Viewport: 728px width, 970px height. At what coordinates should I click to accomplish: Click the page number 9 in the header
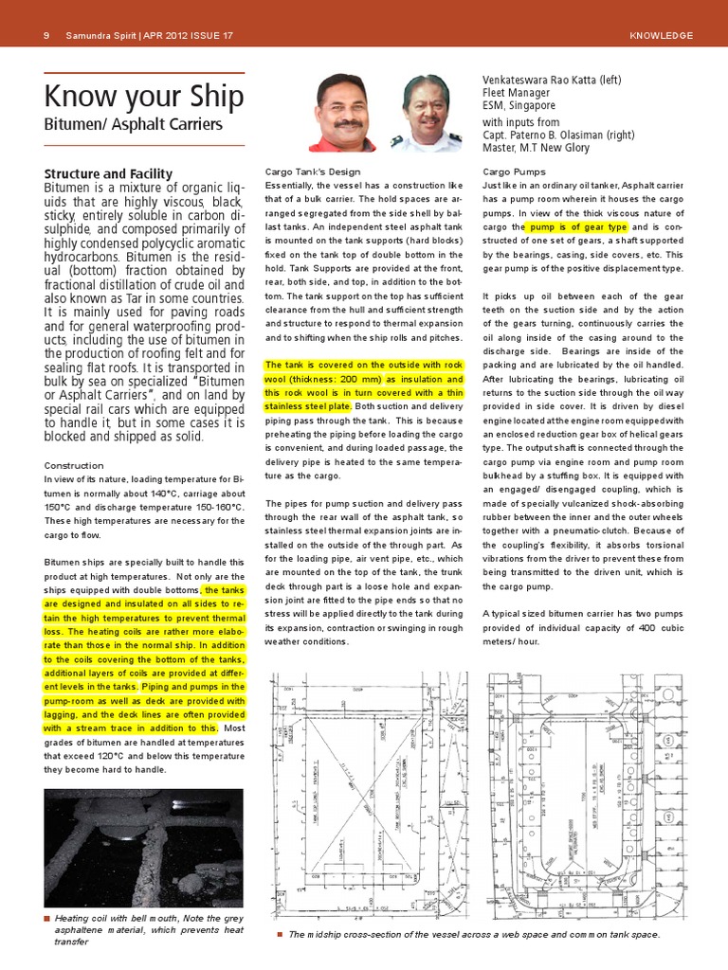[x=46, y=36]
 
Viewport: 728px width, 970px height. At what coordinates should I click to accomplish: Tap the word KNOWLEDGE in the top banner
[x=661, y=36]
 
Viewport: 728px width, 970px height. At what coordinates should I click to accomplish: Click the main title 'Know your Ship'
[x=144, y=97]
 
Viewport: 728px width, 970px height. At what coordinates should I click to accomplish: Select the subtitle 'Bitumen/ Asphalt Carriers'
[x=134, y=124]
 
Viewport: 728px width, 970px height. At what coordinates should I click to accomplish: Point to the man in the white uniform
[x=425, y=114]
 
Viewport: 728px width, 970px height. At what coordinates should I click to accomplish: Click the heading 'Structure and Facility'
[x=109, y=173]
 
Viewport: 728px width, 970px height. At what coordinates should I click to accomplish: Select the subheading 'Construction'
[x=74, y=465]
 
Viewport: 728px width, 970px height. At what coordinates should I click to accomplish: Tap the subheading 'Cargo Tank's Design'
[x=313, y=171]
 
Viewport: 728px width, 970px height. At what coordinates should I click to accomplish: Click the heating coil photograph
[x=144, y=846]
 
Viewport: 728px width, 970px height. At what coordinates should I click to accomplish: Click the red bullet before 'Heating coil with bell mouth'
[x=47, y=919]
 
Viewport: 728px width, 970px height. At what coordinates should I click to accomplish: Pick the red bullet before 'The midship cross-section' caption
[x=280, y=934]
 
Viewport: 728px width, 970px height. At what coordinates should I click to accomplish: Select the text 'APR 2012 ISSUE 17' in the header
[x=187, y=36]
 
